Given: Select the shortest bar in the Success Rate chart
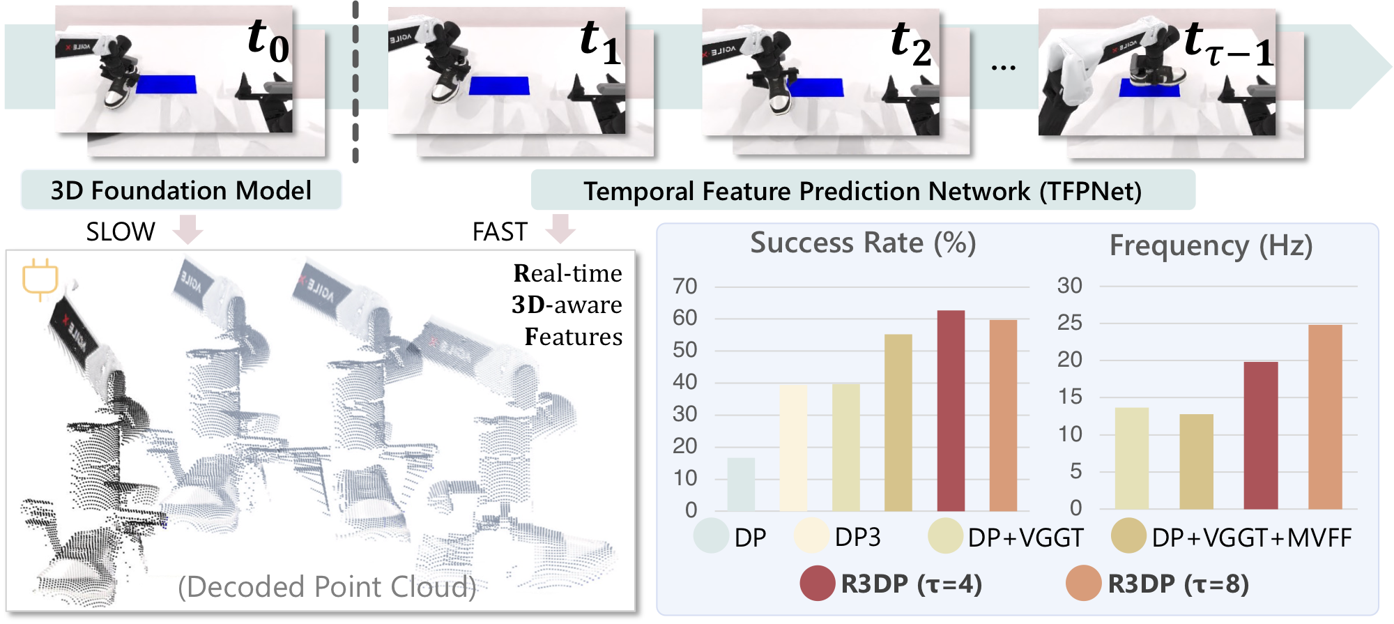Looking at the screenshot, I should tap(741, 484).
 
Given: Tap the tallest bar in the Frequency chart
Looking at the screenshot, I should tap(1325, 416).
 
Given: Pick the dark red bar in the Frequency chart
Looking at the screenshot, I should tap(1261, 435).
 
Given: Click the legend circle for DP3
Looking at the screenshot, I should tap(811, 536).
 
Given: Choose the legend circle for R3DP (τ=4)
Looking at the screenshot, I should tap(818, 584).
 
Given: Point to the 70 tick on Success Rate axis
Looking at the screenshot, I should tap(684, 286).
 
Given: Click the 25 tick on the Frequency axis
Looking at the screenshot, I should tap(1070, 323).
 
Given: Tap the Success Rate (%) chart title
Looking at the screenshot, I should tap(863, 243).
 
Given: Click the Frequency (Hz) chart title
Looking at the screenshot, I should tap(1211, 245).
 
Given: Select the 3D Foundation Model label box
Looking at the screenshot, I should tap(181, 190).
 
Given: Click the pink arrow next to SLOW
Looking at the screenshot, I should tap(187, 229).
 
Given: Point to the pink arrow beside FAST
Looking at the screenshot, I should tap(560, 229).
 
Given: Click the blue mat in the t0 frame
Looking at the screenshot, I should tap(166, 84).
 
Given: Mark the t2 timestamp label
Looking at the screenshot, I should tap(910, 43).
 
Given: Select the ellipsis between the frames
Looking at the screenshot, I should tap(1003, 68).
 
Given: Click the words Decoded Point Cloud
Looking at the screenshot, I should tap(327, 587).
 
